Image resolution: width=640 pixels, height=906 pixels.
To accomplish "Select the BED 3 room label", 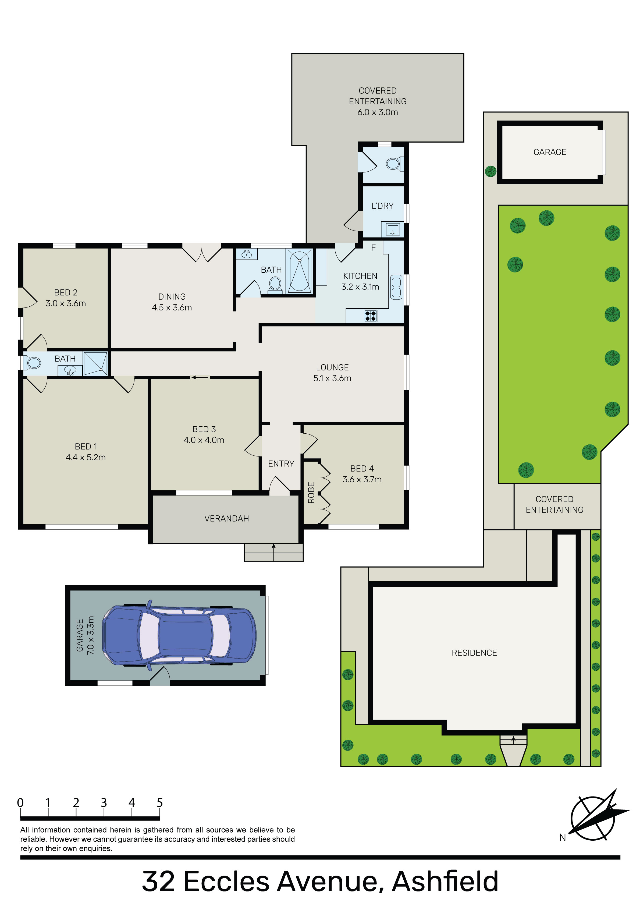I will click(x=204, y=429).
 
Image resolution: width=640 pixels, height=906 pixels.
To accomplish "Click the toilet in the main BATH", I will click(x=275, y=284).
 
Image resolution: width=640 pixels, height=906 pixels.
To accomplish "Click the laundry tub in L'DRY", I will click(x=393, y=229).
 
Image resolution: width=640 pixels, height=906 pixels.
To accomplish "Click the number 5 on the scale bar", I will click(x=159, y=803).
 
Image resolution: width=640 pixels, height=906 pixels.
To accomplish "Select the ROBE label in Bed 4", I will click(x=311, y=493).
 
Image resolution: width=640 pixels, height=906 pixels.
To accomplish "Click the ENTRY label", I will click(x=281, y=464).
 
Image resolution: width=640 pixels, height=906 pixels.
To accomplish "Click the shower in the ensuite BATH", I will click(x=95, y=363).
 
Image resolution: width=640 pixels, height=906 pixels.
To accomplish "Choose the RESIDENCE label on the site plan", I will click(x=474, y=653).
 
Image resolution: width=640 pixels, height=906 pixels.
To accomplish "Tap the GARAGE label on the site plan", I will click(x=550, y=152).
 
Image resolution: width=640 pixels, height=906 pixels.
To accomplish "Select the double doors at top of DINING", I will click(x=202, y=253).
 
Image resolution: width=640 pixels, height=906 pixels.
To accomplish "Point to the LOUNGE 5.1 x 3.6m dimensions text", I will click(x=332, y=378).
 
